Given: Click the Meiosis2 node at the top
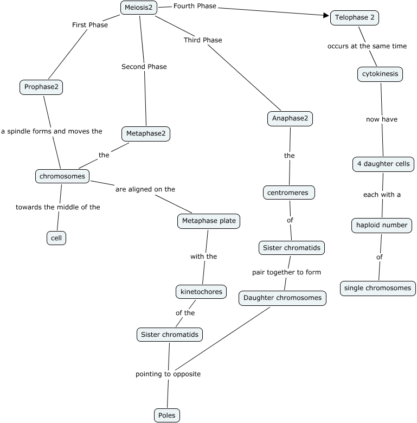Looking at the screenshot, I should (139, 8).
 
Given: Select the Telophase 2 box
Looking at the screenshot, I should (354, 18).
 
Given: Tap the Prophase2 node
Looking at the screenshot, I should (41, 87).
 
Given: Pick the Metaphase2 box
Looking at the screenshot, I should (146, 133).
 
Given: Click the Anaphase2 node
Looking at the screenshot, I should (290, 119).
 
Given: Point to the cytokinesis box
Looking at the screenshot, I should (380, 74).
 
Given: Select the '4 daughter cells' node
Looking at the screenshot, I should (383, 164).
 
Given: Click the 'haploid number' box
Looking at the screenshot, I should (381, 225).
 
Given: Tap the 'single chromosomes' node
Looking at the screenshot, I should (378, 288).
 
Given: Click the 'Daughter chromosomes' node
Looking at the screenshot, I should (282, 298).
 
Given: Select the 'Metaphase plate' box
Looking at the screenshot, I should (208, 221).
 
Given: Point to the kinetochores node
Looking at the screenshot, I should (201, 292).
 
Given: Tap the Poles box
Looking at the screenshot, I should (166, 415).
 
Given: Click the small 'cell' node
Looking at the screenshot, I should (56, 238).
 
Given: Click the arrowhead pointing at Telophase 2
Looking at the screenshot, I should (326, 15).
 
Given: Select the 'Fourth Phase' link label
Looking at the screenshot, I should (195, 6).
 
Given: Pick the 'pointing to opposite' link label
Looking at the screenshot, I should (168, 374).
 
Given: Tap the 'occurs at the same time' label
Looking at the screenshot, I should (367, 46).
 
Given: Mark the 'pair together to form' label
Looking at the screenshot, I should (286, 272).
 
